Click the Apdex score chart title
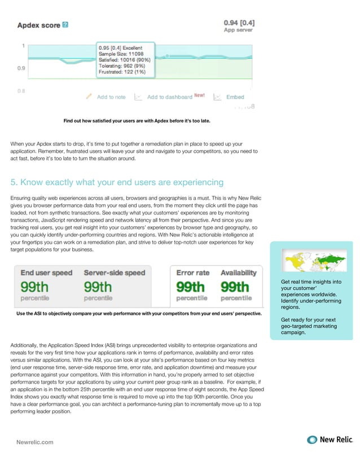coord(39,25)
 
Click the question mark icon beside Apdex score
coord(66,25)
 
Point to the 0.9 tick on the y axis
coord(20,68)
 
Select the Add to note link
coord(111,97)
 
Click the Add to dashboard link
coord(169,97)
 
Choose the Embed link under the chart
coord(235,97)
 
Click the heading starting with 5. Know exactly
coord(117,182)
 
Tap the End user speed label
coord(46,272)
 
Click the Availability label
coord(238,272)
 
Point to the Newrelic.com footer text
coord(34,442)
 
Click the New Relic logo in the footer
coord(328,440)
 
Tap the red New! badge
coord(200,96)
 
